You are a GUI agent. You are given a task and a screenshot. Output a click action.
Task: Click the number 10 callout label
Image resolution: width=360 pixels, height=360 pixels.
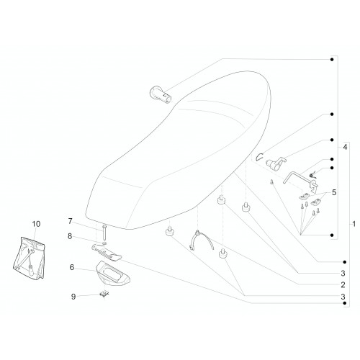pyautogui.click(x=36, y=224)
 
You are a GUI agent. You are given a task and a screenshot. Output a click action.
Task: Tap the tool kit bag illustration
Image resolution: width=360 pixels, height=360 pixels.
pyautogui.click(x=29, y=258)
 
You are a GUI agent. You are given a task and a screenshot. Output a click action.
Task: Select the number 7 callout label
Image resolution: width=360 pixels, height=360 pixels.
pyautogui.click(x=70, y=221)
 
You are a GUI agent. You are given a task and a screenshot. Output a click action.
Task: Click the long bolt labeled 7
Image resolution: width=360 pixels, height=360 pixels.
pyautogui.click(x=104, y=232)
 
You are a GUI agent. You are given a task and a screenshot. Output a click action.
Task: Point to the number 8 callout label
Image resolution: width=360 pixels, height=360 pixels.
pyautogui.click(x=70, y=236)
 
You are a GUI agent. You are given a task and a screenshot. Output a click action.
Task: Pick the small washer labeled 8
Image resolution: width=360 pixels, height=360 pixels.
pyautogui.click(x=104, y=243)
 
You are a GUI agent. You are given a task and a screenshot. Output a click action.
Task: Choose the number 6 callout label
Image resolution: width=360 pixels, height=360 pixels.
pyautogui.click(x=72, y=267)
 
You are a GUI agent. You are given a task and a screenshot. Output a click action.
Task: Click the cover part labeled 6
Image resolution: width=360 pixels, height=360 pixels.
pyautogui.click(x=112, y=273)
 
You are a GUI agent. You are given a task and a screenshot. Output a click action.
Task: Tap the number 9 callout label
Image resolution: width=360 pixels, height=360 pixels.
pyautogui.click(x=73, y=297)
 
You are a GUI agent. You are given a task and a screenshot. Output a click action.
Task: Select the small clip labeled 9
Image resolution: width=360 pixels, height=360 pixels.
pyautogui.click(x=104, y=294)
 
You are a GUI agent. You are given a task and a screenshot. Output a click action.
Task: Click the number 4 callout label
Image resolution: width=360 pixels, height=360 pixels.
pyautogui.click(x=345, y=147)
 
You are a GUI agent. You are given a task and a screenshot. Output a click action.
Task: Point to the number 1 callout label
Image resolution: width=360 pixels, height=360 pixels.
pyautogui.click(x=354, y=224)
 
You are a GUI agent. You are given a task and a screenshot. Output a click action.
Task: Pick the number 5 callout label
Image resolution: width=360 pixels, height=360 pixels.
pyautogui.click(x=334, y=192)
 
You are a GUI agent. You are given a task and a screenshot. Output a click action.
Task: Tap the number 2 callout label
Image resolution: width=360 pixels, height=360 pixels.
pyautogui.click(x=343, y=284)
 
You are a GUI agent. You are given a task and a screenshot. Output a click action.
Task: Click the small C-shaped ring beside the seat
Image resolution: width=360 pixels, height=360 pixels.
pyautogui.click(x=258, y=157)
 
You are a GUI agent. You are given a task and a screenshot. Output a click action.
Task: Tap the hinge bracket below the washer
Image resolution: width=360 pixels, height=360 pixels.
pyautogui.click(x=107, y=252)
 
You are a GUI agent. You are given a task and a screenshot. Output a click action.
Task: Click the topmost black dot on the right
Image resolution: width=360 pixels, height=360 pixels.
pyautogui.click(x=332, y=59)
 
